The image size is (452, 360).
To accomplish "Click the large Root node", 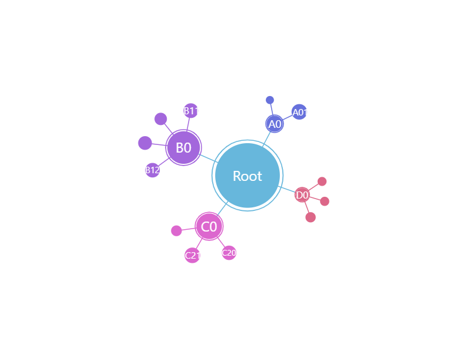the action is point(248,175).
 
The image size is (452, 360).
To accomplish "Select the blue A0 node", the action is point(275,124).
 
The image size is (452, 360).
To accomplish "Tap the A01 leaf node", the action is point(299,112).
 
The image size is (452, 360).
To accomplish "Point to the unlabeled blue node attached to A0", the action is point(270,100).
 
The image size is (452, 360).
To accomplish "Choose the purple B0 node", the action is point(183,147).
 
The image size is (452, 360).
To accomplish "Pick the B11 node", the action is point(191,111).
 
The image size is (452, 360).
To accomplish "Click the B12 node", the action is point(153,170).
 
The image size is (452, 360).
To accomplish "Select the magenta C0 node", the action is point(209,226).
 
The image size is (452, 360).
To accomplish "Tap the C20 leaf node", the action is point(229,253).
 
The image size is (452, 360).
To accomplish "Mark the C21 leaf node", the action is point(192,255).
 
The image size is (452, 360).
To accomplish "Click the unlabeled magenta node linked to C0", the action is point(176,230).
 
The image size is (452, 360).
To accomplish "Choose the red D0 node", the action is point(302,195).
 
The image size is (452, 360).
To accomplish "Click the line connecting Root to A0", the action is point(266,139).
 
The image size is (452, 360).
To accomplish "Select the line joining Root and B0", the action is point(209,158).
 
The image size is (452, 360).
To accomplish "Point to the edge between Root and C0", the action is point(223,209).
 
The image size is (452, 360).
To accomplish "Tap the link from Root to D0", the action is point(287,190).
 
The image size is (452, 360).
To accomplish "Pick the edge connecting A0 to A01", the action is point(288,118).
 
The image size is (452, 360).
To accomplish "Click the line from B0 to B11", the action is point(188,124).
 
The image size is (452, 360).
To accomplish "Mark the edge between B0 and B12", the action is point(164,162).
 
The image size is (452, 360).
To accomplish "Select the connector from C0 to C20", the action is point(221,242).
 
